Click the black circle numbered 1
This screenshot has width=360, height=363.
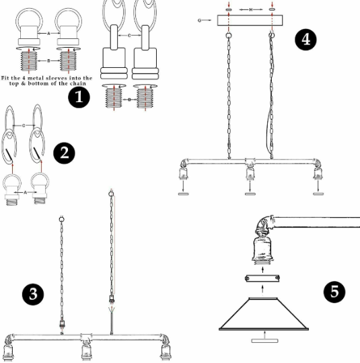click(79, 97)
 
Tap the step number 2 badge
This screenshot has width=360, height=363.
click(65, 152)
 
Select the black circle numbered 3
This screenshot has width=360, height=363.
click(32, 294)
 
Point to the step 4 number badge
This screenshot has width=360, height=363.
click(305, 39)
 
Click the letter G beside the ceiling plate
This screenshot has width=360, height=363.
click(200, 21)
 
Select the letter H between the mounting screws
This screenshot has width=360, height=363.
click(250, 10)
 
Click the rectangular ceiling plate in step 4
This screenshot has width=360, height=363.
click(250, 21)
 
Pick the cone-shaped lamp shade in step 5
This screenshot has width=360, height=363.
click(266, 315)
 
